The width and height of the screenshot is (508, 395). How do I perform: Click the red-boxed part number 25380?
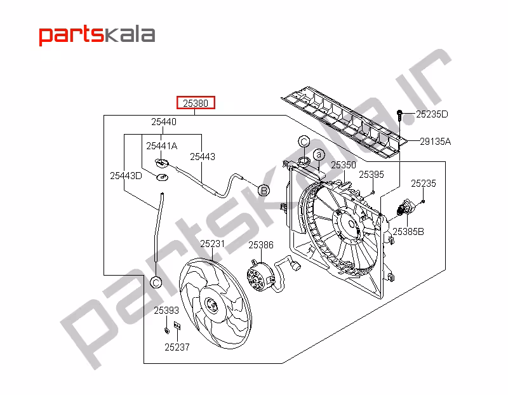[x=196, y=103]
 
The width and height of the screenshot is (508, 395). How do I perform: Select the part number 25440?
[x=164, y=122]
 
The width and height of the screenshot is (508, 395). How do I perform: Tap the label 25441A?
[x=162, y=146]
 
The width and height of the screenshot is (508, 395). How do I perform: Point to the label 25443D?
[x=126, y=176]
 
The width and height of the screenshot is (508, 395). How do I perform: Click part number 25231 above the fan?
[x=212, y=243]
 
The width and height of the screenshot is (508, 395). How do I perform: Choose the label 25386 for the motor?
[x=261, y=245]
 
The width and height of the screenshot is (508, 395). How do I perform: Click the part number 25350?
[x=344, y=165]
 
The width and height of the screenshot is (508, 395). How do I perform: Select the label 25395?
[x=371, y=175]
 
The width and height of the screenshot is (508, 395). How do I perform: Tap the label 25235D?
[x=432, y=114]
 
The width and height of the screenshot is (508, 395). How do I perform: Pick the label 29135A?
[x=435, y=141]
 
